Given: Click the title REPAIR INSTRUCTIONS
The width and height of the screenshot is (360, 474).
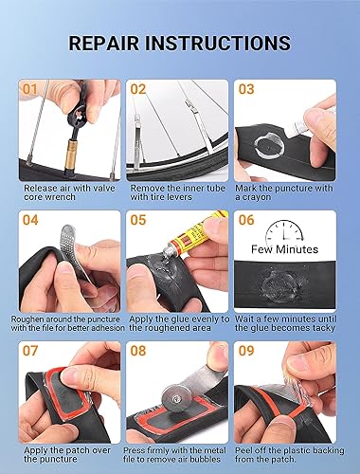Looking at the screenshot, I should (179, 44).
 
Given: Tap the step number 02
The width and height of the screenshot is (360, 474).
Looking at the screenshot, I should (138, 90).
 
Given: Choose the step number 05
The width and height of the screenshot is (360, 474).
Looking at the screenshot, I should (138, 221).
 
